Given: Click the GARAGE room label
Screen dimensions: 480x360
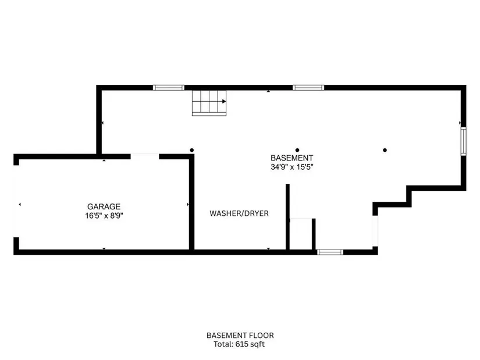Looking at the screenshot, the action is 104,206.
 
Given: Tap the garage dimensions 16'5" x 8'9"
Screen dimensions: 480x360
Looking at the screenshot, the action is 104,216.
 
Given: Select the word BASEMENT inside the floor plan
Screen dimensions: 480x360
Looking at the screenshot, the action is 291,158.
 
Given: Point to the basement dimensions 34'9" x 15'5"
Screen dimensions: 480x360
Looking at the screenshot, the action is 291,167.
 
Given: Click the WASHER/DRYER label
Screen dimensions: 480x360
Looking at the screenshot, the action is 239,213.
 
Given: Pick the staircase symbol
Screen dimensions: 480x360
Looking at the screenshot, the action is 209,103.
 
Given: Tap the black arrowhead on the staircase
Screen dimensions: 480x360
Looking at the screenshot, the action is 224,101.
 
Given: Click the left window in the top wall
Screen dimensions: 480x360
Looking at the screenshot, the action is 169,88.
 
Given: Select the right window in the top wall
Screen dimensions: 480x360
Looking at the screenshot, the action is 308,88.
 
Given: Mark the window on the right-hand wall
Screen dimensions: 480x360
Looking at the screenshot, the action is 464,141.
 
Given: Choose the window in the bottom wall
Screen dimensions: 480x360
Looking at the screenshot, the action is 330,252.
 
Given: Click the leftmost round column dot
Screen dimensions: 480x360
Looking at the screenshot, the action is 192,150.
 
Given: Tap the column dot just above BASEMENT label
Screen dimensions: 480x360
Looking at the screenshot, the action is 297,150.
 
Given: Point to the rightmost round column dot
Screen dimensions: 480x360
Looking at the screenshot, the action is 385,150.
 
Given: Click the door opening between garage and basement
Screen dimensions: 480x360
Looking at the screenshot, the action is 145,156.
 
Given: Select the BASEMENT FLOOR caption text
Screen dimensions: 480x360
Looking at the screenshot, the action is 240,336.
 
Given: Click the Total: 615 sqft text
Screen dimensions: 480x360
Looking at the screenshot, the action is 239,344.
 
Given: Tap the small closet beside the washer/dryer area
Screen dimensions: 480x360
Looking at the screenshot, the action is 301,234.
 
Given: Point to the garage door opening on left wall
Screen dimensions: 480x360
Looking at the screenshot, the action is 16,201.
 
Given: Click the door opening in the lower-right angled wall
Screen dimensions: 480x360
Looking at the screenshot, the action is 375,231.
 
